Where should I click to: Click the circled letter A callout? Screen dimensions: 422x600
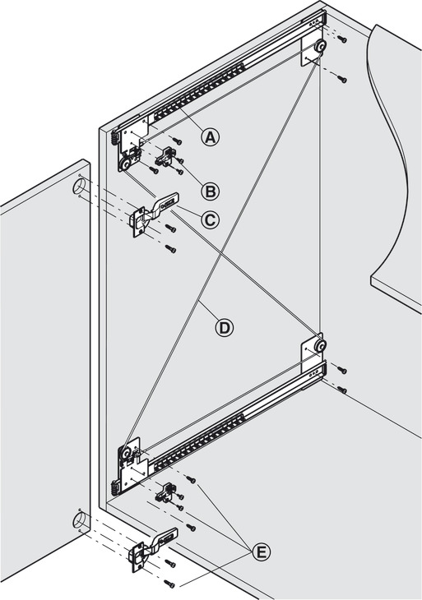point(211,137)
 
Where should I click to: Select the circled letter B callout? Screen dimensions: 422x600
point(211,191)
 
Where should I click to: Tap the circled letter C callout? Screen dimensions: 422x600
point(211,219)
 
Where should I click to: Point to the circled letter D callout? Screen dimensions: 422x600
point(224,328)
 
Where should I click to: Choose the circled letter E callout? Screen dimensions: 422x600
point(261,552)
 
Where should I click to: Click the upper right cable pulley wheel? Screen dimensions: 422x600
point(319,47)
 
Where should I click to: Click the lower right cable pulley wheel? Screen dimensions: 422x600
point(319,346)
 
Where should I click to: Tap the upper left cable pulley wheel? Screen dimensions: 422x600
point(125,165)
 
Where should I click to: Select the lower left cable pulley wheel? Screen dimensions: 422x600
point(126,454)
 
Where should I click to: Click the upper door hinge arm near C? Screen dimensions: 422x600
point(155,215)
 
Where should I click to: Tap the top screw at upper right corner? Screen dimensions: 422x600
point(342,39)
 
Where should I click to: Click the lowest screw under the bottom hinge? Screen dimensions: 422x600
point(169,584)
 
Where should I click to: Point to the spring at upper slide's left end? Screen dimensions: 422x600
point(114,139)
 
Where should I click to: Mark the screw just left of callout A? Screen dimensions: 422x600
point(177,141)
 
